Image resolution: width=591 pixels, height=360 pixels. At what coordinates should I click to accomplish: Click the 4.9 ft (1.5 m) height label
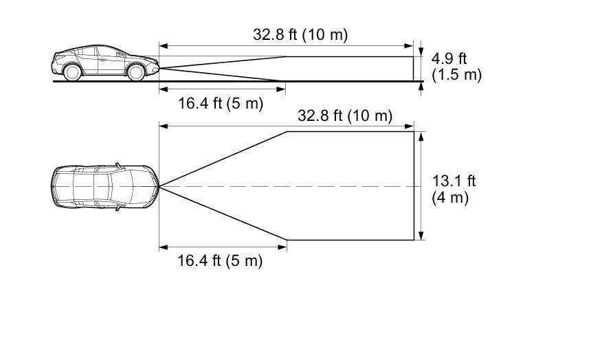tap(456, 67)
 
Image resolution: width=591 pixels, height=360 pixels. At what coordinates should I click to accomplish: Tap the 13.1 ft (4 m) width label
tap(454, 189)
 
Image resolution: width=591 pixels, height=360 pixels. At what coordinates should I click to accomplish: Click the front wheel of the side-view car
tap(135, 72)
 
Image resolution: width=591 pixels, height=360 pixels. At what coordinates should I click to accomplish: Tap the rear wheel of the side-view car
tap(72, 72)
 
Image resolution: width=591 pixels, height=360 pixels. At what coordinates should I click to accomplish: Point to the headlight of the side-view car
tap(154, 61)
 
